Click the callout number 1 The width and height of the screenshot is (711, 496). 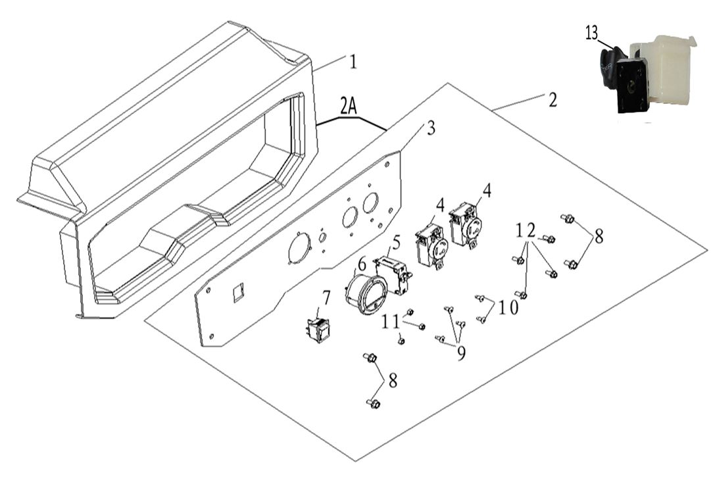click(x=353, y=62)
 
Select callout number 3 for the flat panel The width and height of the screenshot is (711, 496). click(x=431, y=128)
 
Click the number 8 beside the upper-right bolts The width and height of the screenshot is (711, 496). click(x=599, y=237)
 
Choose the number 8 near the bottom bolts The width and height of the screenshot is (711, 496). click(x=393, y=380)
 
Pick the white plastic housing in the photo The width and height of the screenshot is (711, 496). click(x=664, y=69)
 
